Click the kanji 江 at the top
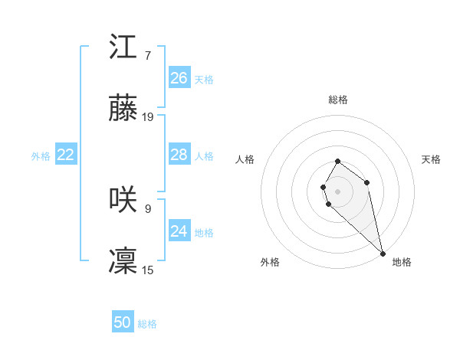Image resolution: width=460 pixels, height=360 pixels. pyautogui.click(x=123, y=47)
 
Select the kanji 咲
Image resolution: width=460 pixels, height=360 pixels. pyautogui.click(x=123, y=200)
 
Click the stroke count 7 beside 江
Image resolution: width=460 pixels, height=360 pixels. pyautogui.click(x=147, y=55)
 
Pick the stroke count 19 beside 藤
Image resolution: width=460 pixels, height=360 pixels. pyautogui.click(x=148, y=117)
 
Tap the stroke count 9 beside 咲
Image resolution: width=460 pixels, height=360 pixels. pyautogui.click(x=147, y=208)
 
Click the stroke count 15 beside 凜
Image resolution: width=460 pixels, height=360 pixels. pyautogui.click(x=148, y=270)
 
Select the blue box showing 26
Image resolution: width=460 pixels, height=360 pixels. pyautogui.click(x=179, y=78)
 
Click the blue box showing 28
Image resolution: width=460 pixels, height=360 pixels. pyautogui.click(x=179, y=155)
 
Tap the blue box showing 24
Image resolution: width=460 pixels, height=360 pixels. pyautogui.click(x=179, y=231)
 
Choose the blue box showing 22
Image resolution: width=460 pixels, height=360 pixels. pyautogui.click(x=66, y=155)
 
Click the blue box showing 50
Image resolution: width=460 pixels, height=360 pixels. pyautogui.click(x=123, y=322)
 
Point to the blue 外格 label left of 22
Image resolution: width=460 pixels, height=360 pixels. pyautogui.click(x=41, y=156)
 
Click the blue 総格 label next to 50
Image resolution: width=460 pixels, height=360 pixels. pyautogui.click(x=147, y=324)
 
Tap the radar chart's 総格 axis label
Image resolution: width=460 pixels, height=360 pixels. pyautogui.click(x=338, y=100)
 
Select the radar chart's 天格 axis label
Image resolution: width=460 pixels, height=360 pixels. pyautogui.click(x=431, y=159)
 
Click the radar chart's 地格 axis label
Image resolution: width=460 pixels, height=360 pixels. pyautogui.click(x=402, y=262)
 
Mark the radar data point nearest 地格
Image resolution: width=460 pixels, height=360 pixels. pyautogui.click(x=382, y=254)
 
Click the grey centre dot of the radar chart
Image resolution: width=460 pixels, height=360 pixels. pyautogui.click(x=338, y=191)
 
